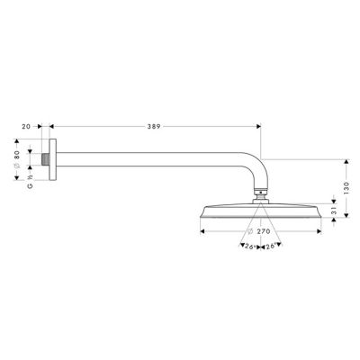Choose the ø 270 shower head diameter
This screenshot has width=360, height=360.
[x=260, y=231]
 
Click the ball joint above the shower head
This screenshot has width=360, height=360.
[x=259, y=191]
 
